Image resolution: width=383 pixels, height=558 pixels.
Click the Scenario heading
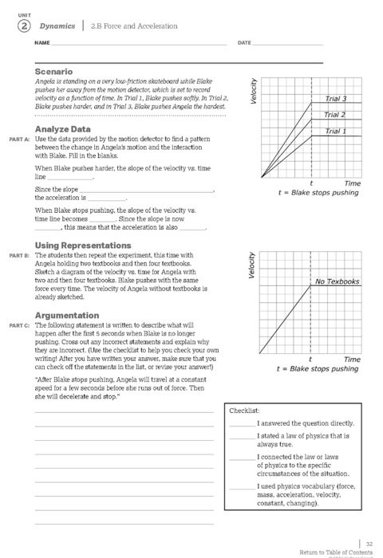point(54,72)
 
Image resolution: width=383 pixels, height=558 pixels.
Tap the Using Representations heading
point(84,245)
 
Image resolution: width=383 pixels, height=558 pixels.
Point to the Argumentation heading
point(66,316)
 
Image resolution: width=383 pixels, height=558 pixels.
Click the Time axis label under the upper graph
point(352,183)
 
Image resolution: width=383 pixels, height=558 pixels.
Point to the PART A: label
point(20,139)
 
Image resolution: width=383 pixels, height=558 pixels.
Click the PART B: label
point(20,255)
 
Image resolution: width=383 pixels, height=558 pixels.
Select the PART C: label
point(20,326)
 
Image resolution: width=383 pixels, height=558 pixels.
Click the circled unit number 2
point(14,25)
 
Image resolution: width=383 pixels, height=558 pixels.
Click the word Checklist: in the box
point(242,410)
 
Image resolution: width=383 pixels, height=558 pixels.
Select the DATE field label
point(245,41)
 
